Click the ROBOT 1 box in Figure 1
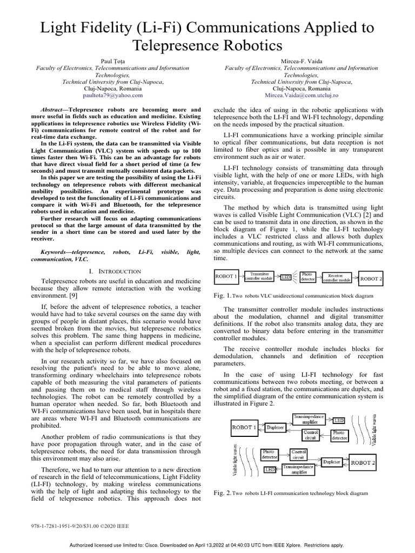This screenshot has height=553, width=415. click(226, 277)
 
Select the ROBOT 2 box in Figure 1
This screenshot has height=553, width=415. click(371, 279)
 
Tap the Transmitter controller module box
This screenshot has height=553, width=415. click(260, 277)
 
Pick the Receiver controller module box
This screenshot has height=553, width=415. click(337, 278)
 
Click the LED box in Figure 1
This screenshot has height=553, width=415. click(286, 277)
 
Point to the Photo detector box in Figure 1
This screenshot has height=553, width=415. click(307, 277)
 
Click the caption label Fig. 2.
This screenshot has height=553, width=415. click(223, 493)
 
